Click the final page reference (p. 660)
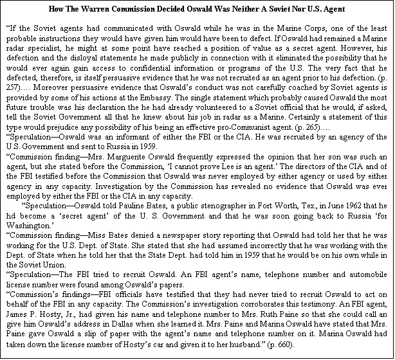click(278, 345)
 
